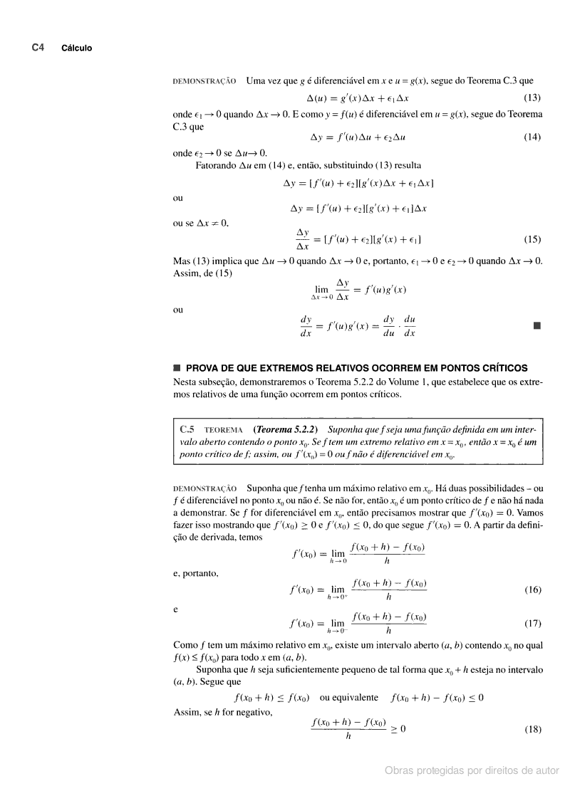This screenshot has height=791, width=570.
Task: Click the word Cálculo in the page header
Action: (76, 48)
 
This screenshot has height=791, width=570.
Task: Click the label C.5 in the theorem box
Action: (187, 430)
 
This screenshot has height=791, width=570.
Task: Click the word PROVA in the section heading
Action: (205, 368)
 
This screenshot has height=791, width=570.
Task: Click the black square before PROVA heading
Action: (177, 368)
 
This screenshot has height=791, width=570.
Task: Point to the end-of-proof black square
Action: (537, 327)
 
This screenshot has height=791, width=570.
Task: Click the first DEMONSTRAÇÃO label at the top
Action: (205, 81)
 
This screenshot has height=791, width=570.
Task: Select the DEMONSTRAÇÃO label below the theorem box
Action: (205, 488)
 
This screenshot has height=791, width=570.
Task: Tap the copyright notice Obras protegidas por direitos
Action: (472, 770)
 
